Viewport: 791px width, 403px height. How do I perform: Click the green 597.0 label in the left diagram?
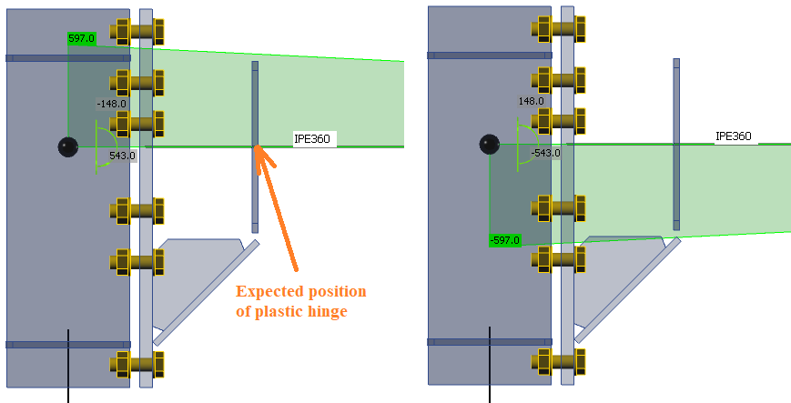82,39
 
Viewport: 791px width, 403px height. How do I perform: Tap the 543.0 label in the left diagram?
122,156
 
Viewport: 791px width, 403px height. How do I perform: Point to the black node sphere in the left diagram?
68,146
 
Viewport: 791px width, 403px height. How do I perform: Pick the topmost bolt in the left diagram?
136,32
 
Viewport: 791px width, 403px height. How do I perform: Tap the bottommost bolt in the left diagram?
136,366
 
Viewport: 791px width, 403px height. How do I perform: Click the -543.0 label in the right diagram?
546,153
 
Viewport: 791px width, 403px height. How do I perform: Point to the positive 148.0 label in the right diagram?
532,102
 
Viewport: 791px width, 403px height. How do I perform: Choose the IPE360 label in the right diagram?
734,136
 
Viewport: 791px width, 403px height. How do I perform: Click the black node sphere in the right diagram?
490,144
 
